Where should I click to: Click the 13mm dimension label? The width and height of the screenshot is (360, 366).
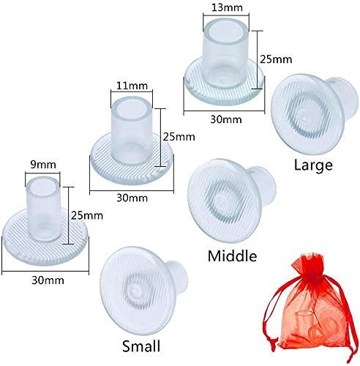[227, 7]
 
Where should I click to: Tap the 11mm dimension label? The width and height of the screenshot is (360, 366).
[132, 86]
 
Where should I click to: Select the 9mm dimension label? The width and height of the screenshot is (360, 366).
[43, 165]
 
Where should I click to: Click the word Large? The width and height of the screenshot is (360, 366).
[313, 165]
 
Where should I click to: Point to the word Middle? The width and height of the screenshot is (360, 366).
[232, 256]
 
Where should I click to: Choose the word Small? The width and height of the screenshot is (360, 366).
[141, 346]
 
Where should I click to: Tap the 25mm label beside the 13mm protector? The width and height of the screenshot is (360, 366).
[276, 59]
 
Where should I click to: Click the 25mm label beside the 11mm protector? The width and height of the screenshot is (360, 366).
[179, 137]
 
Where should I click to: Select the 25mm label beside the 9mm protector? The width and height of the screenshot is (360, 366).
[87, 216]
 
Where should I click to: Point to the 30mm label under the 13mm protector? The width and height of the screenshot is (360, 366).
[226, 119]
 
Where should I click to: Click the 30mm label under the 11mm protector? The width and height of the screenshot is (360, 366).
[132, 198]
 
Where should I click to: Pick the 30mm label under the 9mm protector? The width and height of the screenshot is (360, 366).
[48, 280]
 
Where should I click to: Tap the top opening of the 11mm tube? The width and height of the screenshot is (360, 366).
[132, 108]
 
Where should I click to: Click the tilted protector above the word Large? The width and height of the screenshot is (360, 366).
[314, 114]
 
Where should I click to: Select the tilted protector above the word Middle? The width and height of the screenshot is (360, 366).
[232, 201]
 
